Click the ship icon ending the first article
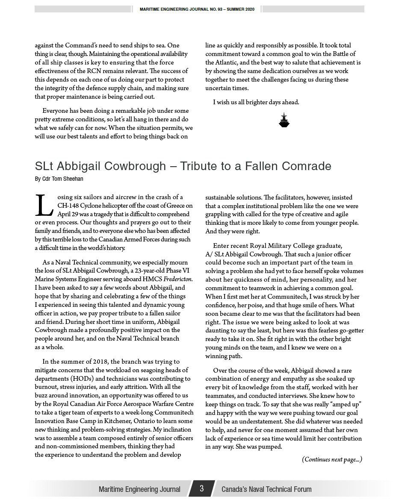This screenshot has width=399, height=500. click(x=284, y=121)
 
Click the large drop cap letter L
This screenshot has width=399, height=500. click(x=44, y=206)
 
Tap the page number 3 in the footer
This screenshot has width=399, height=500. click(x=201, y=488)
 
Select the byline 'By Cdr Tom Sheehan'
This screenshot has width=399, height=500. click(x=59, y=179)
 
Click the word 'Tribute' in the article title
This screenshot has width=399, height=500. click(x=201, y=166)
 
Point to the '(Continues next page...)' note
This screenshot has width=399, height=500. click(x=332, y=459)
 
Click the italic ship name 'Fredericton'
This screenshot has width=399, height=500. click(x=179, y=279)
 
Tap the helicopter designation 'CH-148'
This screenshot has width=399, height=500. click(x=68, y=206)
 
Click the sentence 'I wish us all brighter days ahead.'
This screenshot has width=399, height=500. click(x=256, y=102)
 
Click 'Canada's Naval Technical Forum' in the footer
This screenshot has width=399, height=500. click(x=266, y=489)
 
